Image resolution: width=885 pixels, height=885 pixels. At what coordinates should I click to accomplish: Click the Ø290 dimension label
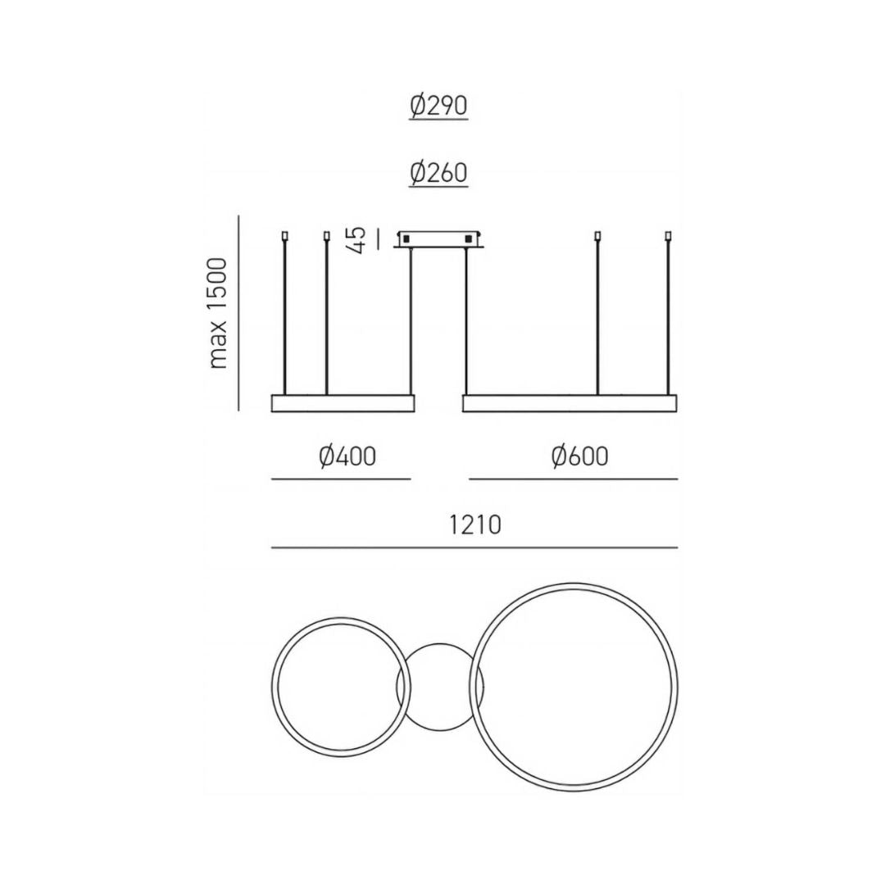pyautogui.click(x=438, y=106)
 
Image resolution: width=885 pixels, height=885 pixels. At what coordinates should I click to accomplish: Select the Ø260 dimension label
pyautogui.click(x=438, y=172)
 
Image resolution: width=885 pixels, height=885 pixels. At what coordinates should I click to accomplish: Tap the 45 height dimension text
pyautogui.click(x=358, y=240)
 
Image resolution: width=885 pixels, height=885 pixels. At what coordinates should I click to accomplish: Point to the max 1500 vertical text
pyautogui.click(x=217, y=313)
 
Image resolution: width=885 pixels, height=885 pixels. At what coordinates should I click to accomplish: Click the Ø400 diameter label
pyautogui.click(x=347, y=456)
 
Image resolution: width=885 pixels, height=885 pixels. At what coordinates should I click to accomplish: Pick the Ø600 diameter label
pyautogui.click(x=579, y=456)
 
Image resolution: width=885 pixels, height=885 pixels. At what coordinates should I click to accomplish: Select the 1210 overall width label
pyautogui.click(x=474, y=525)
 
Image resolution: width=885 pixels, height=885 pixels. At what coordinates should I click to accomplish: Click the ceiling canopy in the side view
pyautogui.click(x=439, y=238)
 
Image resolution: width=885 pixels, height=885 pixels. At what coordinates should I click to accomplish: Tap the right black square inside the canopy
pyautogui.click(x=467, y=238)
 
